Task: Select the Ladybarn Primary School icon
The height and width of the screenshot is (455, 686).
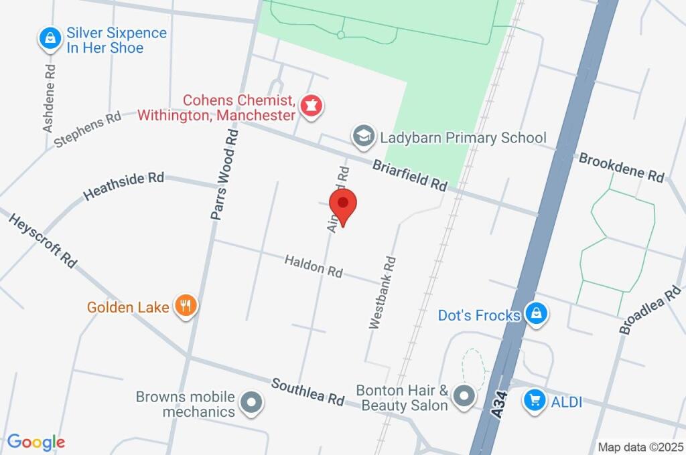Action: [363, 137]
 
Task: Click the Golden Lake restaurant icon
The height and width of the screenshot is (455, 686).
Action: [186, 307]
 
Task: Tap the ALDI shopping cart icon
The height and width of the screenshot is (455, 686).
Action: [534, 401]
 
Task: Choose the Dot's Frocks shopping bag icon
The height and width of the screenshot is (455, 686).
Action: [536, 314]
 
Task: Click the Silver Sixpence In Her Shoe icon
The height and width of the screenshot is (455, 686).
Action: [50, 39]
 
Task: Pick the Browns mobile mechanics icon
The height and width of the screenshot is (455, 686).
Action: [253, 403]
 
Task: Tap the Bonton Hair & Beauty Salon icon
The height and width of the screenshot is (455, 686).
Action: [464, 396]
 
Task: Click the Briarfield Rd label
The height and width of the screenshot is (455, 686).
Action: [409, 175]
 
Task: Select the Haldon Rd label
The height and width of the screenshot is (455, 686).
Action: [314, 266]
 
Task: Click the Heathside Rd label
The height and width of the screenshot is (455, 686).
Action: [124, 186]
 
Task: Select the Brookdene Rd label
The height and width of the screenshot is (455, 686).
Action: [621, 168]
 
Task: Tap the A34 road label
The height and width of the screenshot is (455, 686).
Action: [497, 405]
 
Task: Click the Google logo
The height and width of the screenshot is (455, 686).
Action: [36, 442]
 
